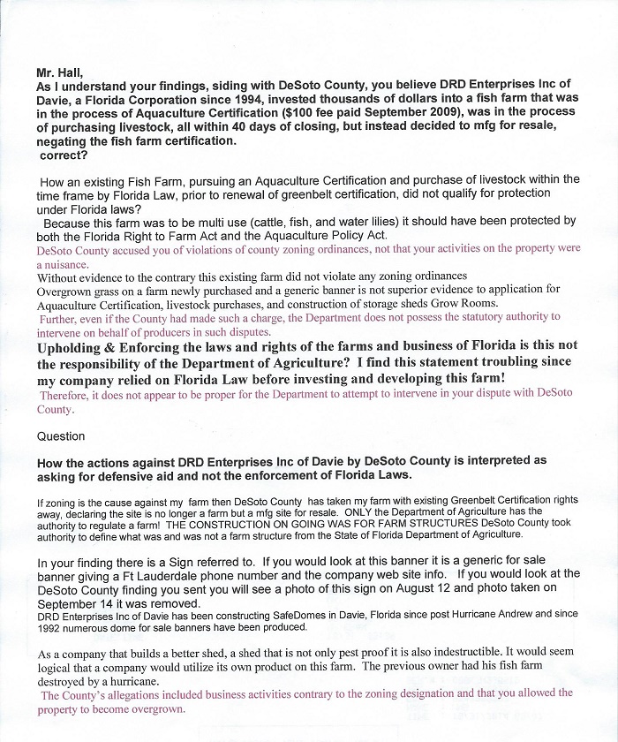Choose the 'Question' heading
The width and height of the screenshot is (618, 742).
tap(61, 436)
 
